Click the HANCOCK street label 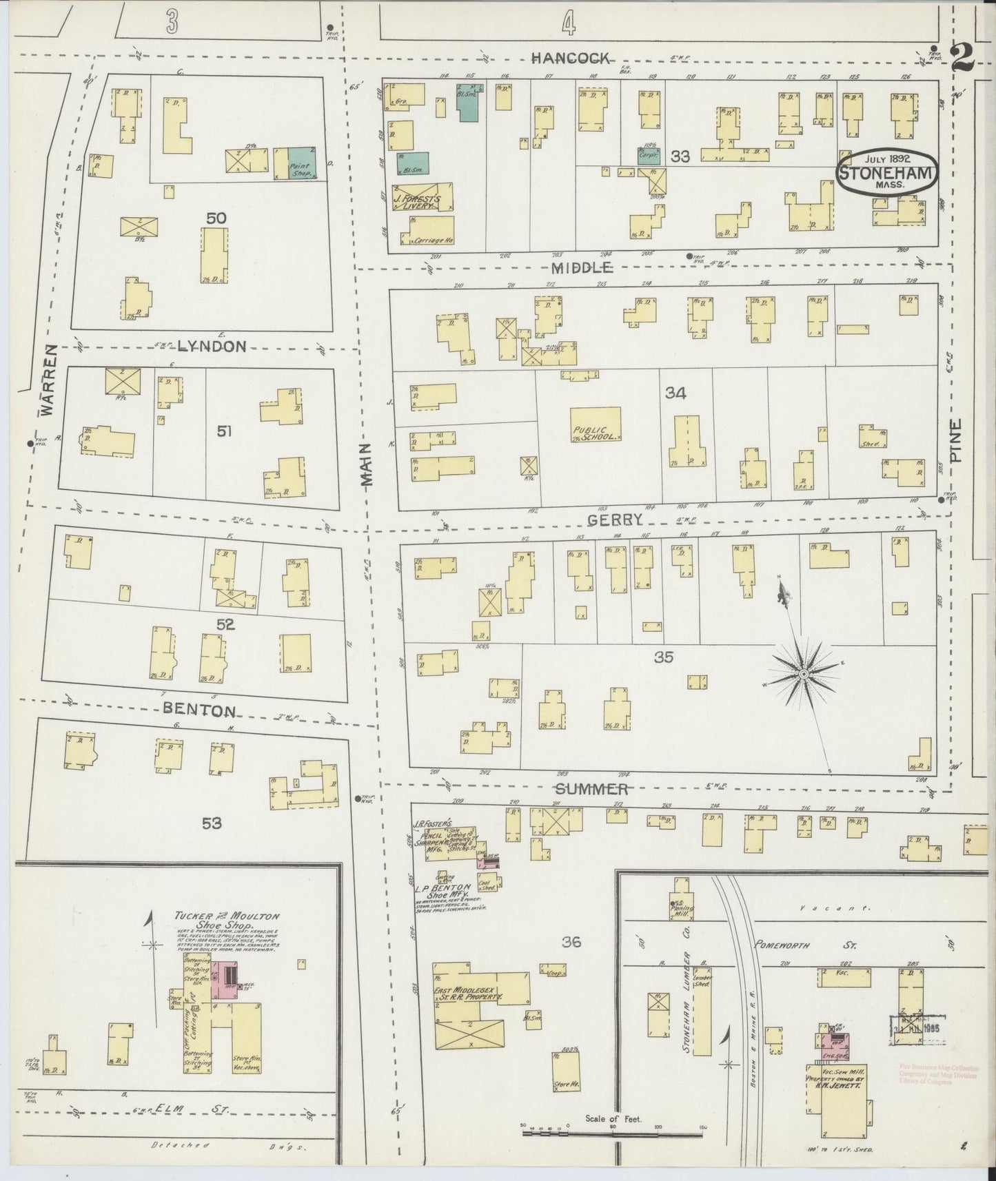point(570,59)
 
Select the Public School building point(595,425)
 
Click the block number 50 point(216,218)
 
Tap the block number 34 point(675,393)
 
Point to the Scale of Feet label point(613,1118)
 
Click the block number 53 point(211,823)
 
